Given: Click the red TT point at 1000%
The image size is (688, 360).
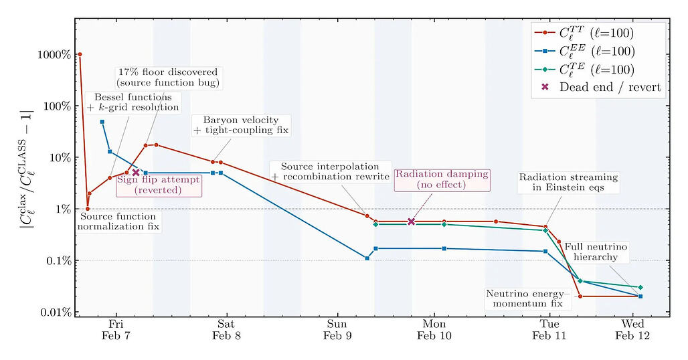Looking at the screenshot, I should pos(80,54).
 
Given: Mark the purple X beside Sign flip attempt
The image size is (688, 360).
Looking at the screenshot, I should pos(136,173).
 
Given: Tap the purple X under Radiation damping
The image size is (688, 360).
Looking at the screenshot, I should pos(412,221).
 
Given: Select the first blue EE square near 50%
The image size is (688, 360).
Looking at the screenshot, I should pos(102,122).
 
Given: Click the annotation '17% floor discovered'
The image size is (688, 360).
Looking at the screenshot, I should pos(167,77).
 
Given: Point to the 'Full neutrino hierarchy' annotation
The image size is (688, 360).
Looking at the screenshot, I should pos(596,252).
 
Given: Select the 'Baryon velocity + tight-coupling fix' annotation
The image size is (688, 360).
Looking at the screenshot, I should pos(240,125).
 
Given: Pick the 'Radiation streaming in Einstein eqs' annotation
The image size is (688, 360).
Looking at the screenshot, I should pos(568,183).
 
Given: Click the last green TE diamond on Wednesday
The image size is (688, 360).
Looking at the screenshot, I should pos(640,287).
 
